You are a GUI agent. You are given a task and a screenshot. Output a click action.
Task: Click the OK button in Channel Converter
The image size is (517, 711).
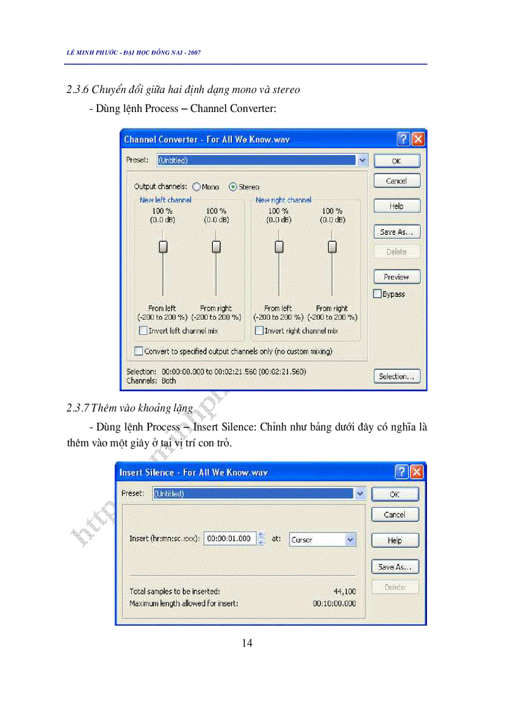point(396,161)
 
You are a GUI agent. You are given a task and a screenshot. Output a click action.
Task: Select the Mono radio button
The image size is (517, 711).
point(196,187)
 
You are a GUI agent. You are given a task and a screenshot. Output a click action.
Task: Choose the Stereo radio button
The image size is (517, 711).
point(233,187)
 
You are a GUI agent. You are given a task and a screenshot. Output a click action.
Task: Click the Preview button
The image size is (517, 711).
point(396,277)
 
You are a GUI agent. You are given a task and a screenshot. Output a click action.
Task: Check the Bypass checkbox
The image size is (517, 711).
point(378,294)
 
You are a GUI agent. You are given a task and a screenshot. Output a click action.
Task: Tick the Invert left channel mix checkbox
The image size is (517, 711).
point(143,330)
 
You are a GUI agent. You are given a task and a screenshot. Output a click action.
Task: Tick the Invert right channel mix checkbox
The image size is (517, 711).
point(259,330)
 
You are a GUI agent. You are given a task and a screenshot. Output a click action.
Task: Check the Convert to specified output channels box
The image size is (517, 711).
point(139,351)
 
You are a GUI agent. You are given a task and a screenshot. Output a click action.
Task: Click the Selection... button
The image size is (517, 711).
point(396,376)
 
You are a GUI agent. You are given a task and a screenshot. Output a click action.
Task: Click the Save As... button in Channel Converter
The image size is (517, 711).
point(396,232)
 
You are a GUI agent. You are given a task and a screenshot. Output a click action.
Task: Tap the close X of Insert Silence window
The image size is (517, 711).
point(417,472)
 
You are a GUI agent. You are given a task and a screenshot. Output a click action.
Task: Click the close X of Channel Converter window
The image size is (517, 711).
point(418,139)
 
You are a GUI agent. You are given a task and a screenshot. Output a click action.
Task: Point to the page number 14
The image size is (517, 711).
point(247,643)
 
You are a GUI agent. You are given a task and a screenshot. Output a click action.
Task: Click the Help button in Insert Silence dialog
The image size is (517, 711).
point(395,540)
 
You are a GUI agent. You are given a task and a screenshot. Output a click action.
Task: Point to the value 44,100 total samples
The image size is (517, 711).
point(345,591)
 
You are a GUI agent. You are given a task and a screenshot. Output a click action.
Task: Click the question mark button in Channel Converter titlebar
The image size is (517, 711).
point(404,139)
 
